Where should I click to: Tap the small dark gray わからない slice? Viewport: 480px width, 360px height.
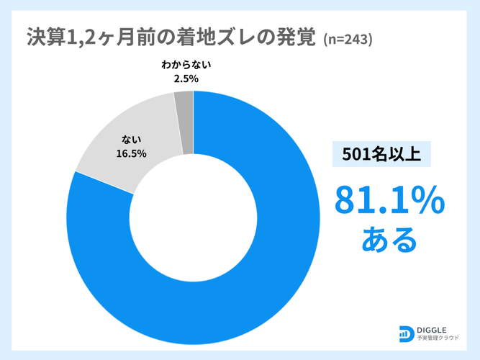pyautogui.click(x=184, y=122)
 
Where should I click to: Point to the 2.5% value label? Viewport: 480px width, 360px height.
pyautogui.click(x=186, y=78)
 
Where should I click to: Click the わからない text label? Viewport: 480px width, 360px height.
pyautogui.click(x=186, y=65)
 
